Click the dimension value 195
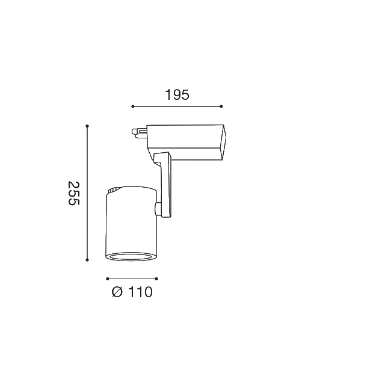pyautogui.click(x=177, y=94)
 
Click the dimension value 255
pyautogui.click(x=73, y=193)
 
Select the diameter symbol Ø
pyautogui.click(x=117, y=292)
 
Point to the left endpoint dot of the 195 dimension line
pyautogui.click(x=132, y=106)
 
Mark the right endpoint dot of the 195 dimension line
pyautogui.click(x=221, y=106)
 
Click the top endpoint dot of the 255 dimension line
pyautogui.click(x=87, y=126)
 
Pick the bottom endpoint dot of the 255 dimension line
pyautogui.click(x=87, y=260)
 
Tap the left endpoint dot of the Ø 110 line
pyautogui.click(x=107, y=279)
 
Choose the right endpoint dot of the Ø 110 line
pyautogui.click(x=157, y=279)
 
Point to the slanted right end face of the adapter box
pyautogui.click(x=224, y=143)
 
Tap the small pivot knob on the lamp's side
pyautogui.click(x=158, y=209)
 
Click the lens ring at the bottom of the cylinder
pyautogui.click(x=132, y=257)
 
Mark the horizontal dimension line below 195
pyautogui.click(x=177, y=106)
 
